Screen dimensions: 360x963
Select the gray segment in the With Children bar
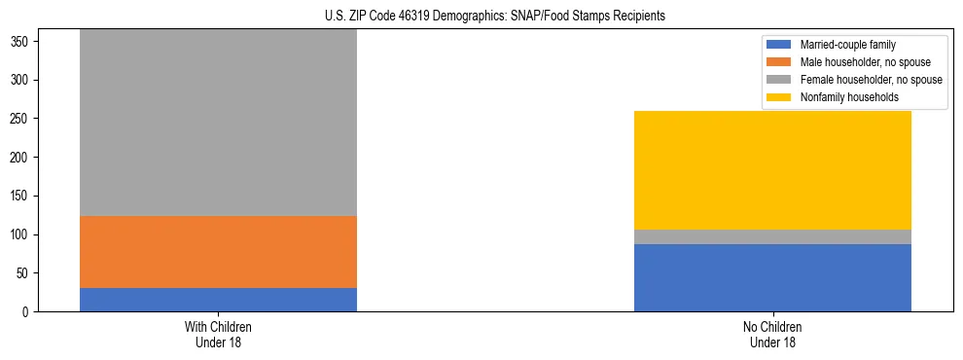218,123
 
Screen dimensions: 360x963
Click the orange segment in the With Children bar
218,252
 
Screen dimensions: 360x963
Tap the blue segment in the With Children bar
218,300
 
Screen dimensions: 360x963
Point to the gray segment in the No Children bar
772,236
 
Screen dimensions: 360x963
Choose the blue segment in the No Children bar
772,278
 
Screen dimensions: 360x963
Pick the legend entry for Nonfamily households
842,97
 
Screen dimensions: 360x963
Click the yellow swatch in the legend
779,97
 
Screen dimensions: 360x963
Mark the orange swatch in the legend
779,62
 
